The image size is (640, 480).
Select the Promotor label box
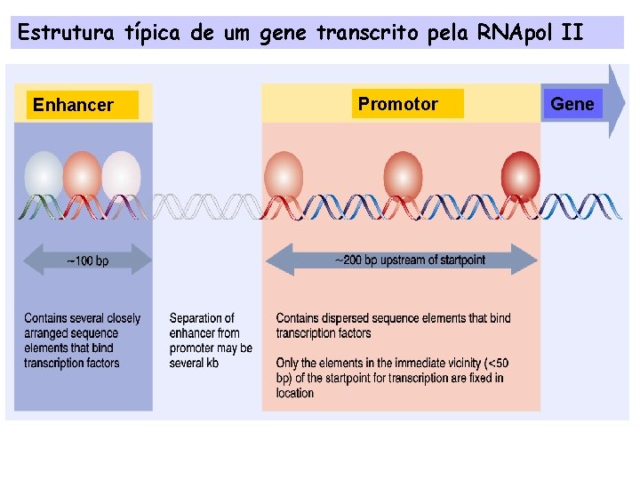[x=407, y=104]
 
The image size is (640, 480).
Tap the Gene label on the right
[x=572, y=104]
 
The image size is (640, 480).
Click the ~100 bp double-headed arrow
[x=87, y=260]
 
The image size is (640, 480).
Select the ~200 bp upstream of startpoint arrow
[x=402, y=260]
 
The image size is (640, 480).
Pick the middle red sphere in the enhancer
[x=83, y=174]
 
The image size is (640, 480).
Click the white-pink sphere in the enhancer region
[x=122, y=174]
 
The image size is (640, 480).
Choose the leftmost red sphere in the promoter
[x=284, y=174]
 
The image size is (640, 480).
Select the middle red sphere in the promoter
[x=403, y=174]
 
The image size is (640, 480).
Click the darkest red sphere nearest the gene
[x=520, y=174]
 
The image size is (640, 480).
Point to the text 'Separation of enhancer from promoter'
[x=211, y=340]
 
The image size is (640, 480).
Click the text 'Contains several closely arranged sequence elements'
[x=82, y=340]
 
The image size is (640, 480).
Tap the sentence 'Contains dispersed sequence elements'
[x=393, y=325]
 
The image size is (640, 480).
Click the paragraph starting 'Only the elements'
[x=391, y=378]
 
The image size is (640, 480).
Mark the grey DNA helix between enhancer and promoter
[x=207, y=207]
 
